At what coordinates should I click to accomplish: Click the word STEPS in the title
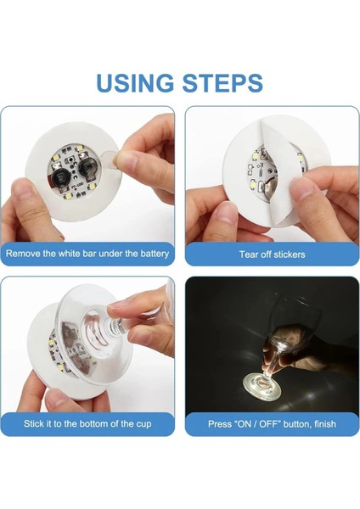tap(222, 82)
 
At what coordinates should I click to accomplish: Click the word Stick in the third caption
tap(35, 422)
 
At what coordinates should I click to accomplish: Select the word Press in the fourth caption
tap(222, 422)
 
